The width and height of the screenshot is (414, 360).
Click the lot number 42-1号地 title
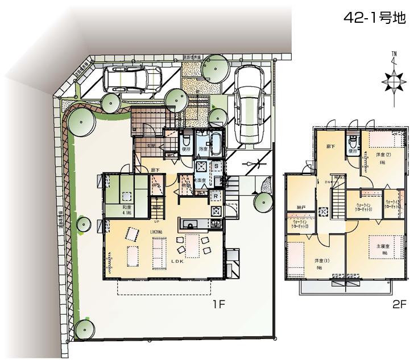pyautogui.click(x=375, y=18)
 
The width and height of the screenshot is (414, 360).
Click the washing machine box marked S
pyautogui.click(x=217, y=165)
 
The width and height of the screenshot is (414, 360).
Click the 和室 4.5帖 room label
pyautogui.click(x=128, y=210)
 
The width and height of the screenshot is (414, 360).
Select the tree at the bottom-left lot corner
pyautogui.click(x=84, y=329)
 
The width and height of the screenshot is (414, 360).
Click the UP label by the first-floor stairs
pyautogui.click(x=156, y=222)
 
